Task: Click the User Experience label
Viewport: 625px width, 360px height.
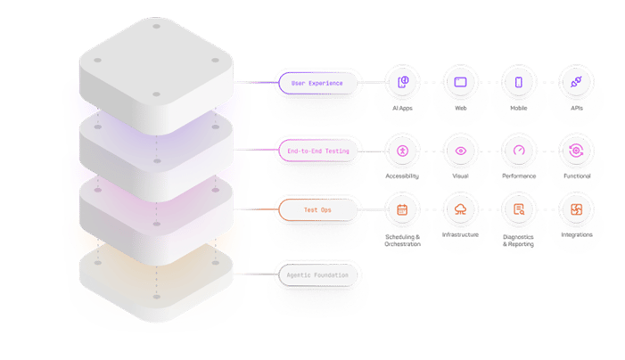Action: coord(317,84)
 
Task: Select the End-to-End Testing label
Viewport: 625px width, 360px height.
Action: coord(317,151)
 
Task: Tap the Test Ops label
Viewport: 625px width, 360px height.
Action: coord(317,209)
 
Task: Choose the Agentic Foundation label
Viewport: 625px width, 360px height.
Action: coord(317,274)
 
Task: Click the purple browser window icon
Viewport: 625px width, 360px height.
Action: coord(460,83)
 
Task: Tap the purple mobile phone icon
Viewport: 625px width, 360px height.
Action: coord(518,83)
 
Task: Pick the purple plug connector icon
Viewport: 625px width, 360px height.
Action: coord(575,83)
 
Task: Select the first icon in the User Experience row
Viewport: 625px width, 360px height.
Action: coord(402,83)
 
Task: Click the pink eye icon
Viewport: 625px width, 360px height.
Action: coord(460,151)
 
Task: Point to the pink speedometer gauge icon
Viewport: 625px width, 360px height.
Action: coord(518,151)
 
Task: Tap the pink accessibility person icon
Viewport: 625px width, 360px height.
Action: coord(402,151)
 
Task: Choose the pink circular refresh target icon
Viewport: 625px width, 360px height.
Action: coord(575,151)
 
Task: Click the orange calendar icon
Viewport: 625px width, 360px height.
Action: coord(402,209)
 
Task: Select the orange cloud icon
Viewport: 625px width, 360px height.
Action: coord(460,209)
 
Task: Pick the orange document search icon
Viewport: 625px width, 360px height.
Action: coord(518,209)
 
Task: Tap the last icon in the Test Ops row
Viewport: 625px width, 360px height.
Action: coord(575,209)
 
